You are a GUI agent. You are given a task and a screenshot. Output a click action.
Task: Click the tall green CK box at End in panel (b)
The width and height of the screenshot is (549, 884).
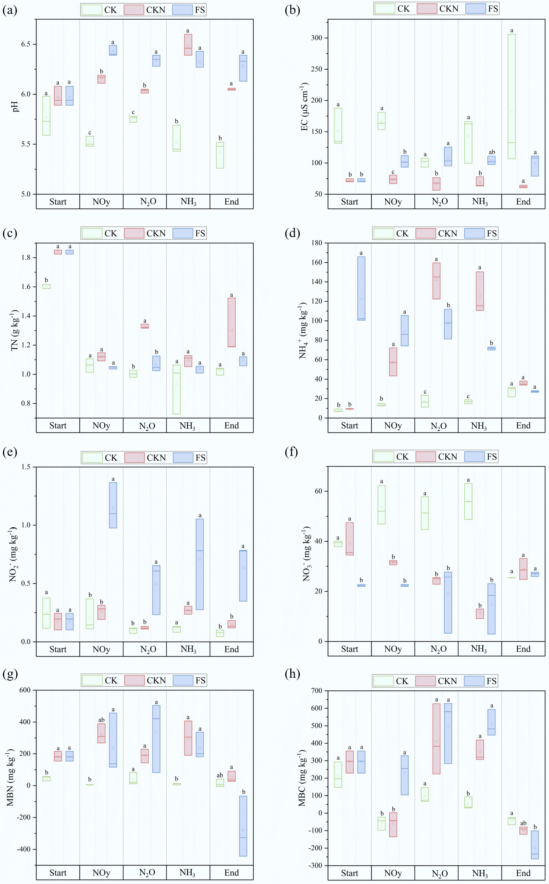click(512, 96)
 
